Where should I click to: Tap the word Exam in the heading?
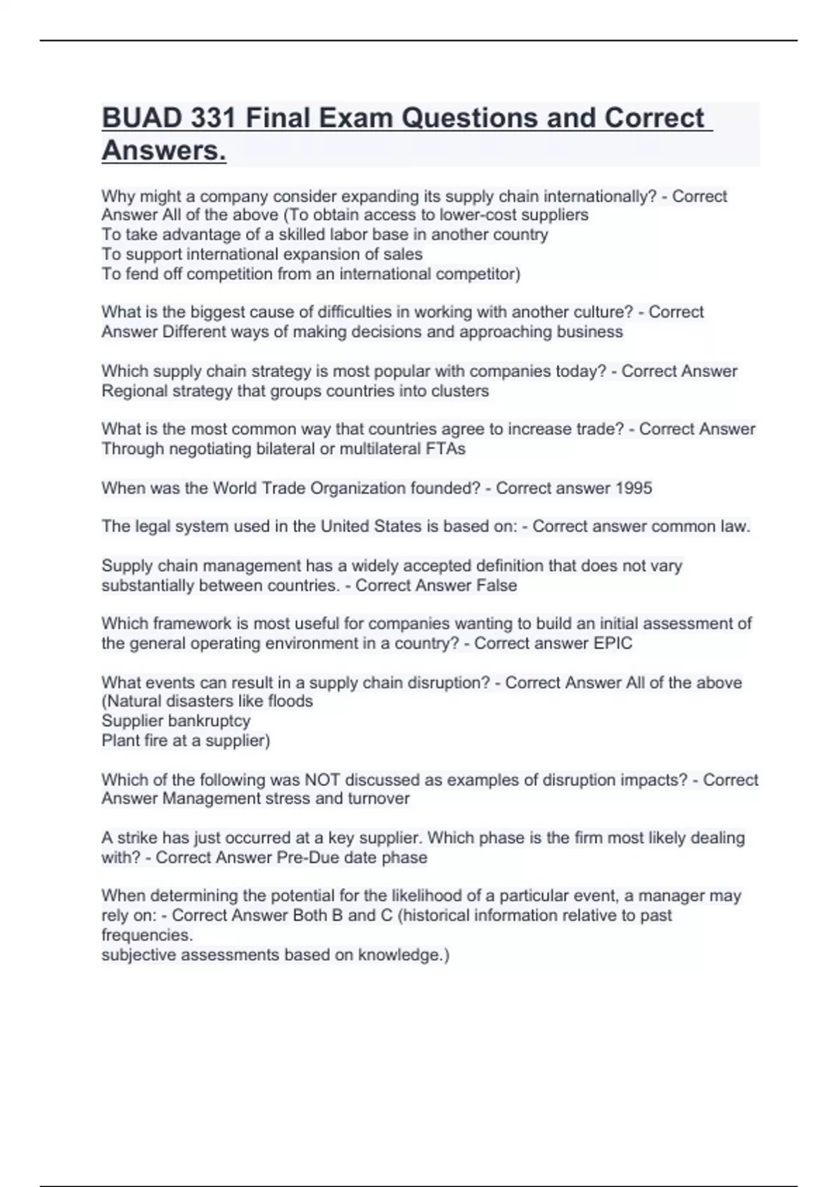coord(353,118)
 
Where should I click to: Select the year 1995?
coord(633,488)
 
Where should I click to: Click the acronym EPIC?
coord(612,643)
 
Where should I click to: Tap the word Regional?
coord(133,391)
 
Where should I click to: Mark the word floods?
coord(291,701)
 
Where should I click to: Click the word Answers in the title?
coord(163,150)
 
